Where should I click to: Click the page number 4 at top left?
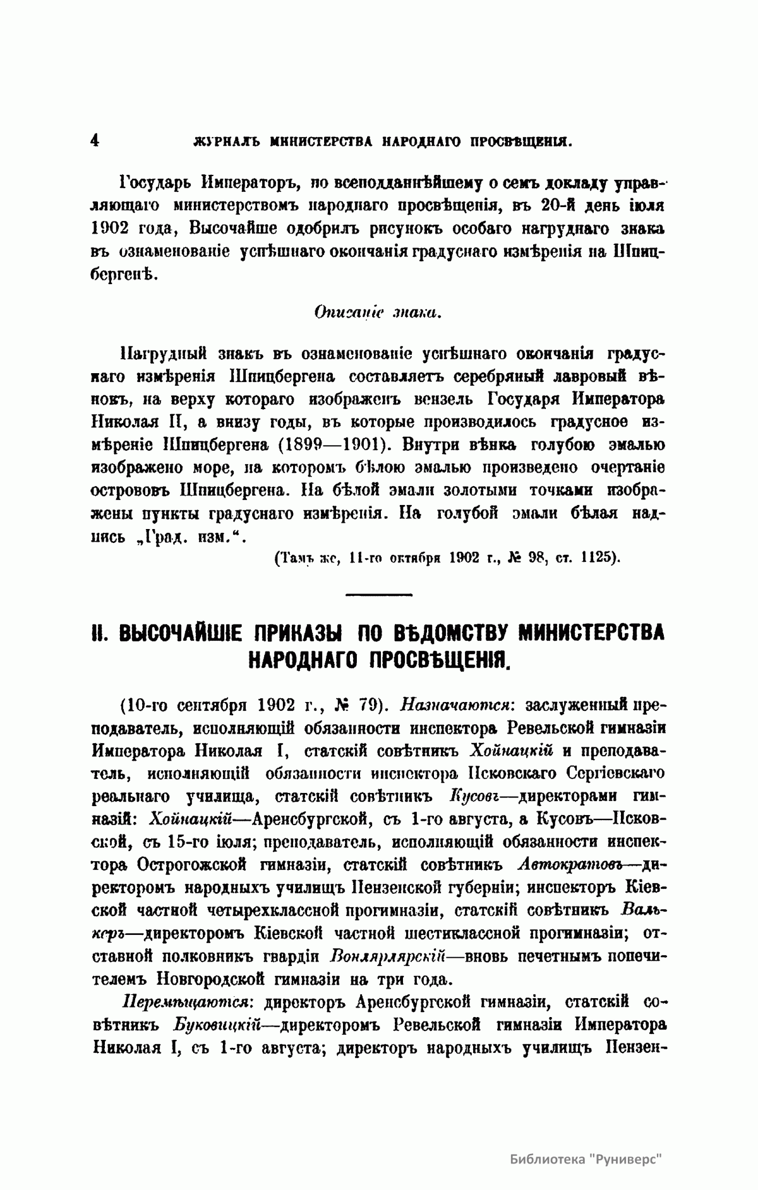coord(94,140)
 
